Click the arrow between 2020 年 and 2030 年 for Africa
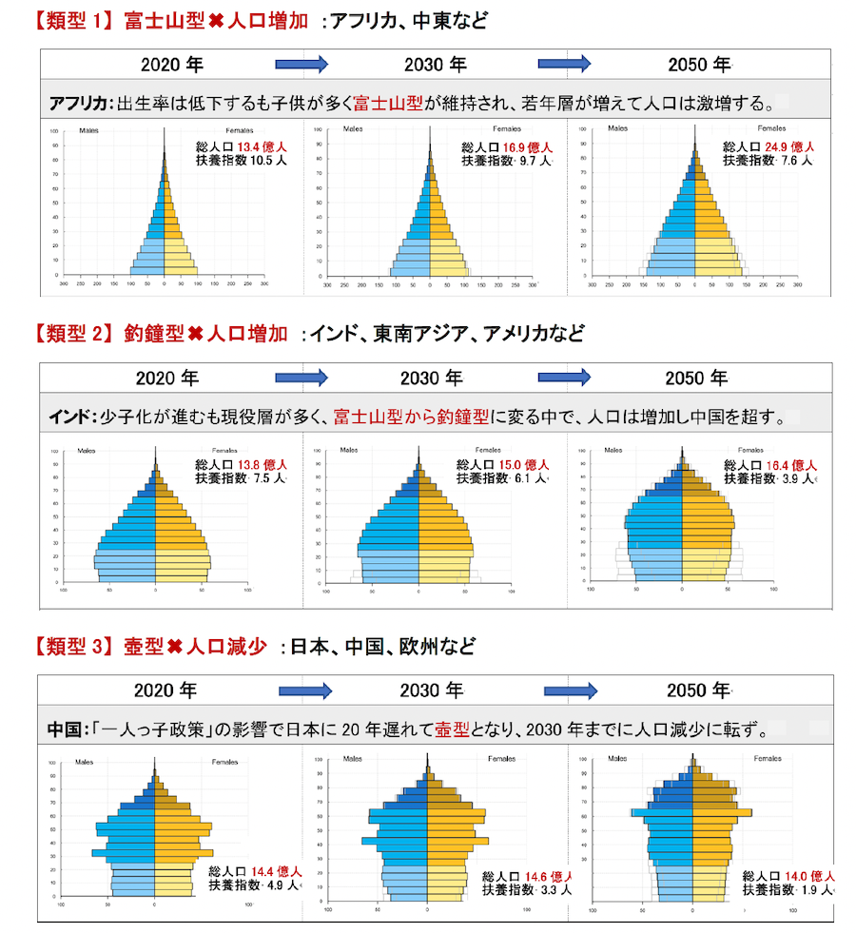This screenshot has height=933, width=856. point(302,64)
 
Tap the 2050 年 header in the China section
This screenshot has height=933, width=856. point(698,690)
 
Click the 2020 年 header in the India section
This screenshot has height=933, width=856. point(167,378)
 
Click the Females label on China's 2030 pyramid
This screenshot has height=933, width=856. point(501,759)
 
